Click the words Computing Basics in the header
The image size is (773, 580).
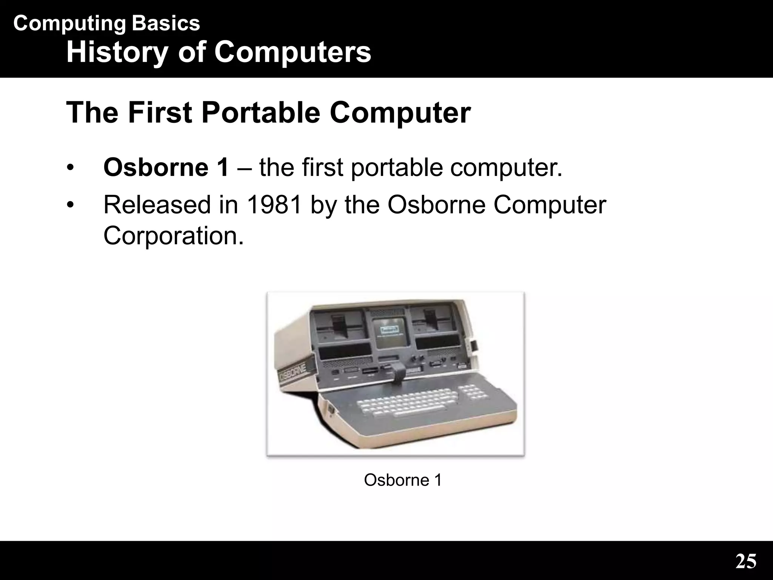106,23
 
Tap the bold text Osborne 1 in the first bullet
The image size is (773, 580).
166,168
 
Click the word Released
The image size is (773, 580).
157,205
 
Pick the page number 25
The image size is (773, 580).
746,561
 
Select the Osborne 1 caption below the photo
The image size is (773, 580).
403,480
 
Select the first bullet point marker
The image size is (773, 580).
70,168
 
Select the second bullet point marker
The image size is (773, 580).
70,205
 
